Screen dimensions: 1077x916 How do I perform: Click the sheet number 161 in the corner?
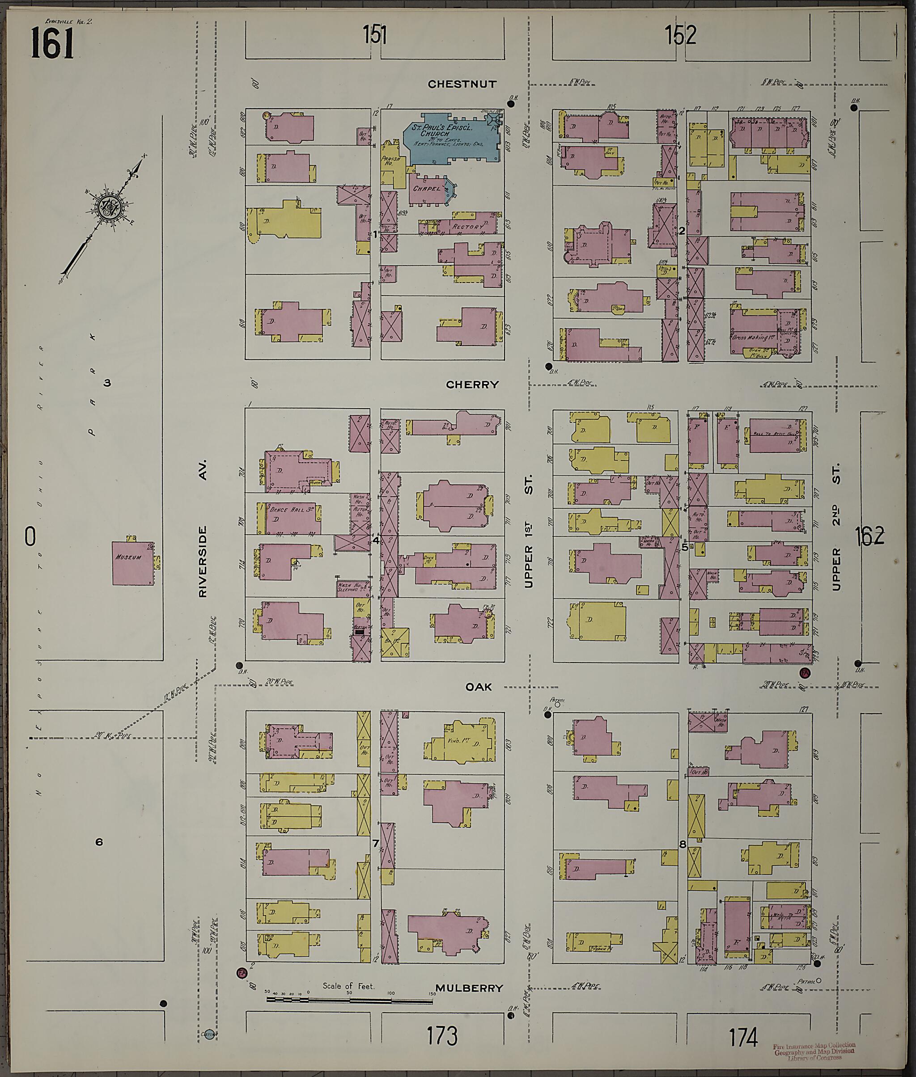click(52, 43)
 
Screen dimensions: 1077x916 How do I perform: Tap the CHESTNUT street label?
click(462, 84)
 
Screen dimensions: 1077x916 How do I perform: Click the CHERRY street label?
click(471, 384)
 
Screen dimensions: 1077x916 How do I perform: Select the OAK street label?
click(478, 687)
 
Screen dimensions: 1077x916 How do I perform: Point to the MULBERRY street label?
click(469, 988)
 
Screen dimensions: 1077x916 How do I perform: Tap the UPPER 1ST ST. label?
click(529, 536)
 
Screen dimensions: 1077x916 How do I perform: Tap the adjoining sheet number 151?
click(374, 35)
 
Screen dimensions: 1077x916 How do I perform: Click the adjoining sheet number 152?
click(680, 35)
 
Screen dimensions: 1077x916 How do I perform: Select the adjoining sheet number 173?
click(442, 1036)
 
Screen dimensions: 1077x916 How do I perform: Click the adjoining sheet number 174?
click(743, 1037)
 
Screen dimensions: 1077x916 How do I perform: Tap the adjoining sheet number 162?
click(869, 536)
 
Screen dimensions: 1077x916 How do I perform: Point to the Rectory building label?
click(467, 227)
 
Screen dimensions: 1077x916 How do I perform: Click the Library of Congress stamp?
click(814, 1051)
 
